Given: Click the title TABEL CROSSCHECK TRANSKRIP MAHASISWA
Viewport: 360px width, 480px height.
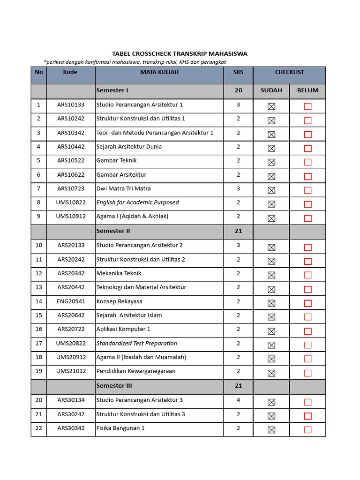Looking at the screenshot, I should pos(180,54).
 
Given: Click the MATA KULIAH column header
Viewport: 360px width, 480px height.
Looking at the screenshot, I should pos(159,72).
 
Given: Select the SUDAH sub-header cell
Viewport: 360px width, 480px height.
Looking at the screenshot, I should pos(271,90).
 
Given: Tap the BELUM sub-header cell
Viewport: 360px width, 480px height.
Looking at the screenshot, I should pos(307,90).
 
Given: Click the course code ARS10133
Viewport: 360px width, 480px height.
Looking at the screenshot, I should pos(71,105).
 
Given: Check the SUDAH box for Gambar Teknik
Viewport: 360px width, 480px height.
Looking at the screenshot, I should pos(271,162).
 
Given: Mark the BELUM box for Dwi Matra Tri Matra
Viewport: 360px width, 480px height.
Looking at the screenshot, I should pos(307,190).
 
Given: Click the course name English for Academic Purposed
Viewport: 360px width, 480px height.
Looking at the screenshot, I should pos(137,202).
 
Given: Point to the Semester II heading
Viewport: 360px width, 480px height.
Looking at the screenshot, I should pos(113,231).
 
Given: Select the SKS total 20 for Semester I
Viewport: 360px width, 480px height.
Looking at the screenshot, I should pos(238,90).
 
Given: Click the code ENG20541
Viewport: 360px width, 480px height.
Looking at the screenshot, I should pos(71,301).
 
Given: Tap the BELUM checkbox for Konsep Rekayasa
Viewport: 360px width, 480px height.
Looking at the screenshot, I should pos(307,303).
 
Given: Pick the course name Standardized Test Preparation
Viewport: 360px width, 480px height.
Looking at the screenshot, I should pos(136,344).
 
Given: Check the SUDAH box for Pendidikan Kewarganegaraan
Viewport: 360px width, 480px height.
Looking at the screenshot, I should pos(271,373).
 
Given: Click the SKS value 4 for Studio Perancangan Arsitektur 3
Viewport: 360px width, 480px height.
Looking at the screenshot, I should pos(238,400).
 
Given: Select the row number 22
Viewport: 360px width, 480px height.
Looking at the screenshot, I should pos(38,428).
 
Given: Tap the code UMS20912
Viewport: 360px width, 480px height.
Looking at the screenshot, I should pos(71,357).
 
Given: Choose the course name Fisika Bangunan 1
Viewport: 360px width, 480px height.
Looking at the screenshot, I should pos(120,428).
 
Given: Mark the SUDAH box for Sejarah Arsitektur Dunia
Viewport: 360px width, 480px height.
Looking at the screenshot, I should pos(271,149).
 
